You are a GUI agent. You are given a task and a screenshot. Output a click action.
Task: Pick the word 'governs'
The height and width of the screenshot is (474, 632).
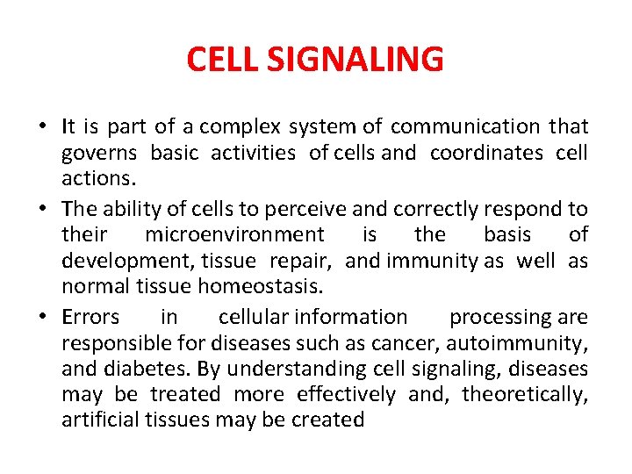(x=99, y=154)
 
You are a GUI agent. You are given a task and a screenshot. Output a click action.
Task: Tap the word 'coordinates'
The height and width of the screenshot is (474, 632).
(x=486, y=153)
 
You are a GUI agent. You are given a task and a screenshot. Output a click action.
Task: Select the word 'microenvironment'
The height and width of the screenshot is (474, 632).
(x=234, y=235)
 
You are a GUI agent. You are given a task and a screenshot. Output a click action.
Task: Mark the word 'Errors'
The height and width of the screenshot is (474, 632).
(x=90, y=317)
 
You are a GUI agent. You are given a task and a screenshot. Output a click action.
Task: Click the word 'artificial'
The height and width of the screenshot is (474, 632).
(x=96, y=420)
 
